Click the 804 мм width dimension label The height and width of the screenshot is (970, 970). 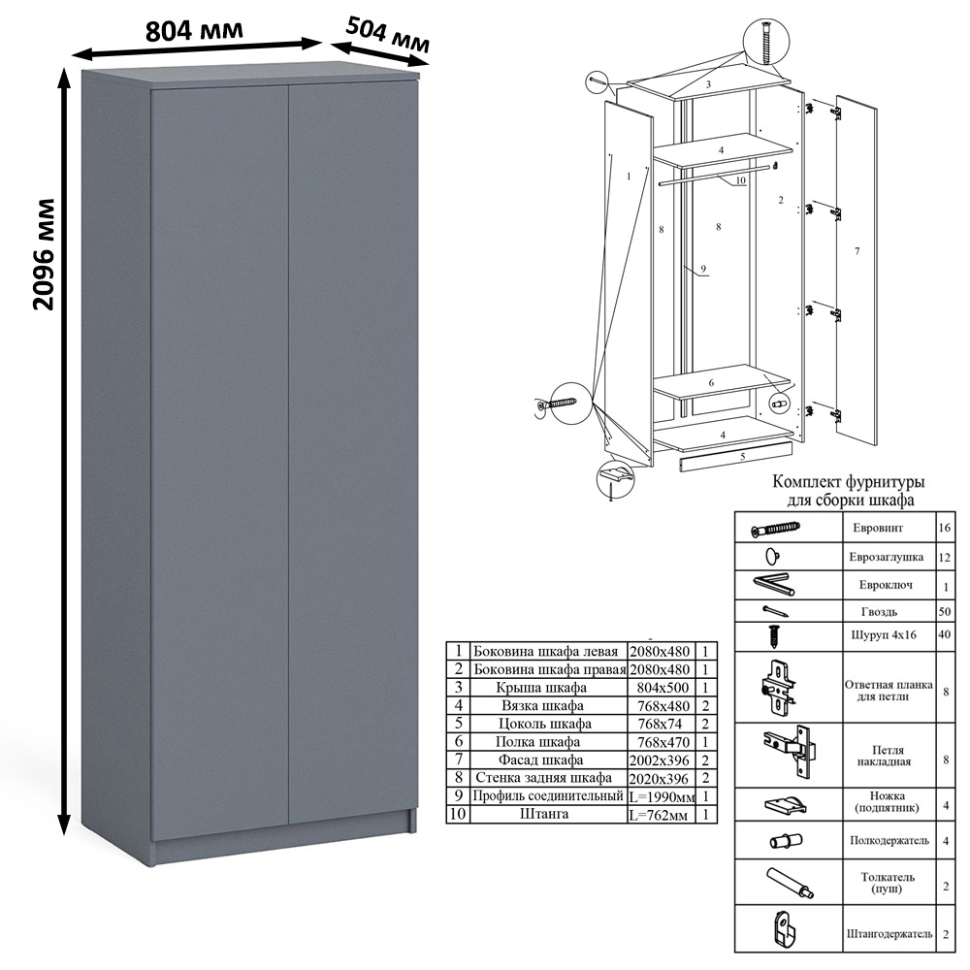194,30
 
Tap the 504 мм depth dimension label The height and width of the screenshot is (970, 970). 387,35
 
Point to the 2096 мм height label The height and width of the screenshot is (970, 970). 44,254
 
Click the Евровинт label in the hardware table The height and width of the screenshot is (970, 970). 877,528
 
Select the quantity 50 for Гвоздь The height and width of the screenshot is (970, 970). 944,612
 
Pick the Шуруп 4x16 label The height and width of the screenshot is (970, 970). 884,635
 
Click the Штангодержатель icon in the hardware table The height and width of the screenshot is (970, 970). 787,928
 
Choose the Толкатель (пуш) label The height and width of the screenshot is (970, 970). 888,883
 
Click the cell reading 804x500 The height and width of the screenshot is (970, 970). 662,688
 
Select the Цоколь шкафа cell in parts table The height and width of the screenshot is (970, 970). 544,724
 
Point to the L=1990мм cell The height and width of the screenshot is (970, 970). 662,796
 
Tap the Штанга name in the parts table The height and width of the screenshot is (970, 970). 544,814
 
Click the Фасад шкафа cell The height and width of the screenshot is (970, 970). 540,760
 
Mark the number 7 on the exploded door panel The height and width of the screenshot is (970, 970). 857,251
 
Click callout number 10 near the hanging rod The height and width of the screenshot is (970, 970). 740,180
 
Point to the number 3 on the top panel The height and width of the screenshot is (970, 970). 708,84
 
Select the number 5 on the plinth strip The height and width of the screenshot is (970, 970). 742,457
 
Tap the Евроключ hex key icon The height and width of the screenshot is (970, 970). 773,585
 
